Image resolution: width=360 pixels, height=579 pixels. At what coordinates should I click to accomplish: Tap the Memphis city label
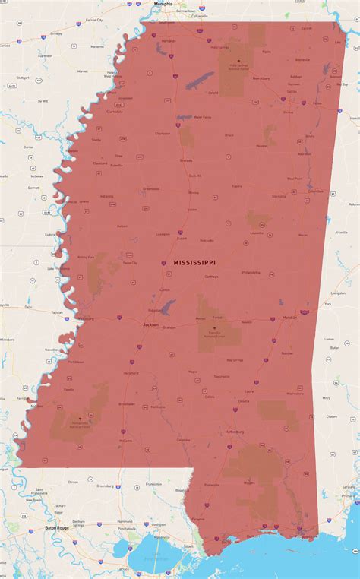point(163,4)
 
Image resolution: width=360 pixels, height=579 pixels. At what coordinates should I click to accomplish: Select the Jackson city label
point(150,324)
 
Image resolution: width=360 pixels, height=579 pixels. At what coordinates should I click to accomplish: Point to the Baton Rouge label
point(57,527)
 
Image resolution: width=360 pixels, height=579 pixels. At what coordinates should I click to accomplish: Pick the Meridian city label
point(289,318)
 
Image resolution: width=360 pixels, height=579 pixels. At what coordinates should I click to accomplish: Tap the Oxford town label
point(213,93)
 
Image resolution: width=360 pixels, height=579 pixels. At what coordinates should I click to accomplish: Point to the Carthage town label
point(211,277)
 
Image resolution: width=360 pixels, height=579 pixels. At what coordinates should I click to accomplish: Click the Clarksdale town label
point(115,111)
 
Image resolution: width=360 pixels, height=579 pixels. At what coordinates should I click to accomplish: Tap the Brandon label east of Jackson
point(169,327)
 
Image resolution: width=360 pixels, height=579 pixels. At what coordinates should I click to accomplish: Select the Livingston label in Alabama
point(339,293)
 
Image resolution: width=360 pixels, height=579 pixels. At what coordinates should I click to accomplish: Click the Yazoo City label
point(130,263)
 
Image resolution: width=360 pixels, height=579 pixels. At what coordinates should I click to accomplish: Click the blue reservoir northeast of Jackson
point(169,306)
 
